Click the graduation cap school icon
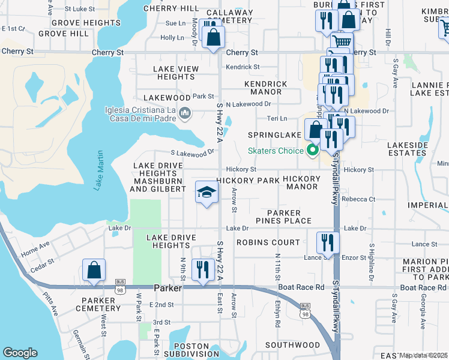[x=206, y=193]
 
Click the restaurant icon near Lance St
[x=328, y=242]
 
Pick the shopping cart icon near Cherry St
[x=342, y=42]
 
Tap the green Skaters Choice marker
[x=312, y=151]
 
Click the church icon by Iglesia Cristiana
[x=185, y=113]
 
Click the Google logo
[x=20, y=353]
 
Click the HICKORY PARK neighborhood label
[x=247, y=181]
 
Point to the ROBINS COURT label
[x=268, y=242]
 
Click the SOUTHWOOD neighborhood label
[x=292, y=345]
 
